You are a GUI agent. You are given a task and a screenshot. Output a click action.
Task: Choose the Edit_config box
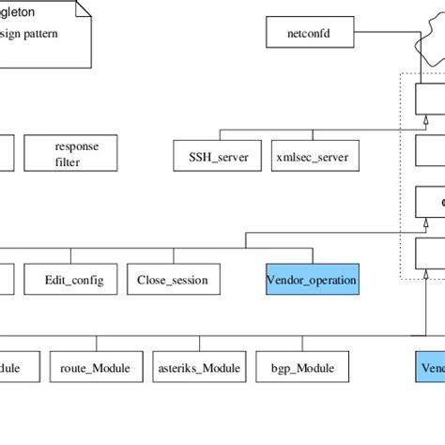tap(74, 280)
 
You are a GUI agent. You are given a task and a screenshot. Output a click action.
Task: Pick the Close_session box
tap(172, 280)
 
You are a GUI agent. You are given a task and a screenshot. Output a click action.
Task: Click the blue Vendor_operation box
tap(311, 280)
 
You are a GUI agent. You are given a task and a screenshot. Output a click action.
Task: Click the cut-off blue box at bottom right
tap(430, 367)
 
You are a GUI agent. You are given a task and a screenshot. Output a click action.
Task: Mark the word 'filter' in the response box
tap(67, 162)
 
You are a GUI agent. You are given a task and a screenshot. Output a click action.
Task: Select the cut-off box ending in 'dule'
tap(19, 367)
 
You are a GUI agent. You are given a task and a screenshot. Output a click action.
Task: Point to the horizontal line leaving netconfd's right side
tap(376, 35)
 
